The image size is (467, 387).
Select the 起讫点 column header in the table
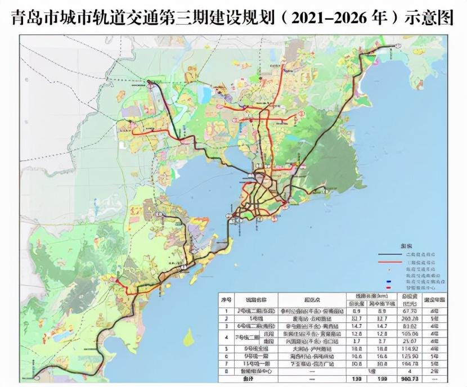tap(310, 299)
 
